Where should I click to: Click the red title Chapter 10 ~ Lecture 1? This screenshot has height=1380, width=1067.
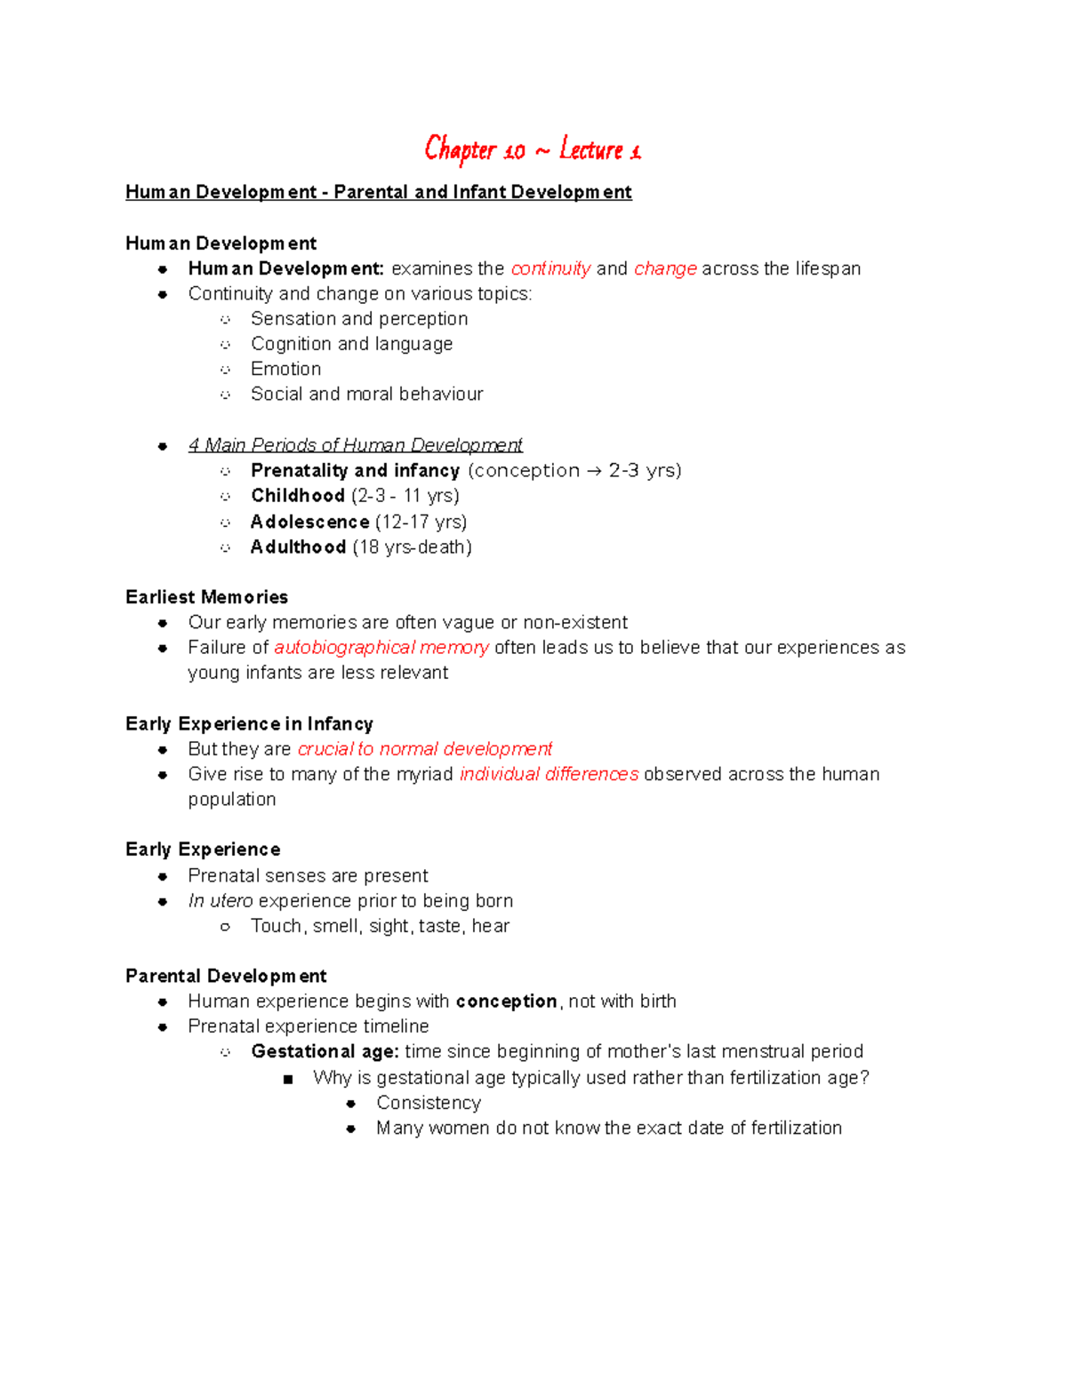(532, 150)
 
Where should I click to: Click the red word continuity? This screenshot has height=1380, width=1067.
(550, 268)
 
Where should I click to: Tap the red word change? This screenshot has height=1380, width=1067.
(665, 268)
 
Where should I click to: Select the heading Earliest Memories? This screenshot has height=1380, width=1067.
(206, 597)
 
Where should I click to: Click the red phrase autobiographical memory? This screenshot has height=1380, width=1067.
(381, 648)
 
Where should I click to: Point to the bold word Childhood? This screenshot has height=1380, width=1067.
(298, 496)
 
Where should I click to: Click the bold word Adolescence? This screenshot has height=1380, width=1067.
(309, 522)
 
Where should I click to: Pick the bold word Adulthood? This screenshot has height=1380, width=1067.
(298, 547)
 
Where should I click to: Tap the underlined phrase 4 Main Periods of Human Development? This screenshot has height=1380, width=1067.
(355, 445)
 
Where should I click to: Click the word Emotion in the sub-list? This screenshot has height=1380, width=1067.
(285, 369)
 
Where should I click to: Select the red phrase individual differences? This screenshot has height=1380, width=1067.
(549, 774)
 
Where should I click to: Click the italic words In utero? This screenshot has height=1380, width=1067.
(221, 901)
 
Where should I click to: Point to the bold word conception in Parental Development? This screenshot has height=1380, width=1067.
(506, 1001)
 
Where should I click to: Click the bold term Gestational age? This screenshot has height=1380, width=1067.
(325, 1052)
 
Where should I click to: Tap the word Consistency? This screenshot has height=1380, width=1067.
(429, 1103)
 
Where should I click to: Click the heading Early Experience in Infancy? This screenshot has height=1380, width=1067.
(249, 724)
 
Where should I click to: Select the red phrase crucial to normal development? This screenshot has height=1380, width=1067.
(424, 749)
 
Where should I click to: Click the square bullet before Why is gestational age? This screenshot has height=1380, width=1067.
(287, 1080)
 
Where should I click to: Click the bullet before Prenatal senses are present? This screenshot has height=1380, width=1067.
(163, 877)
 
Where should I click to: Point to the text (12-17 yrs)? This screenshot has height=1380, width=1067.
(421, 522)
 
